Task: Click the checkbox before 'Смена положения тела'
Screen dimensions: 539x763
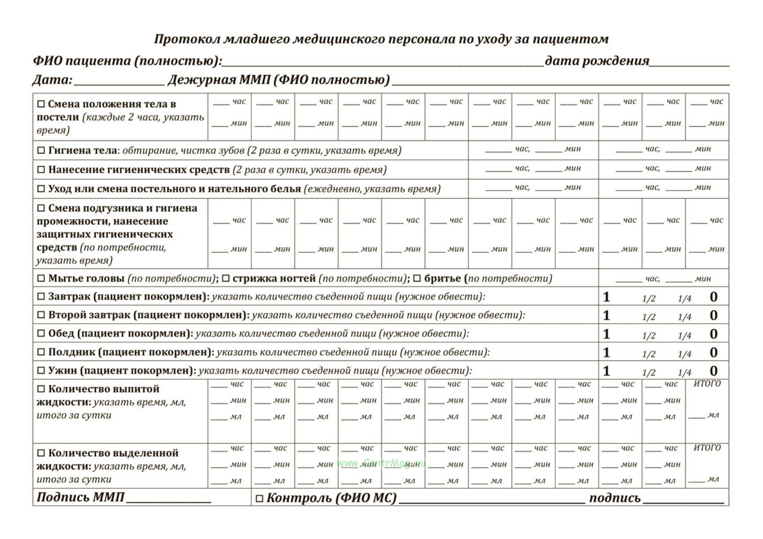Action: coord(41,104)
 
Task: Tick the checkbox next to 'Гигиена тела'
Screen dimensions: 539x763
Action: coord(41,151)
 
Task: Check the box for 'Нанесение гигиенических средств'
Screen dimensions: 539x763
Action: coord(41,170)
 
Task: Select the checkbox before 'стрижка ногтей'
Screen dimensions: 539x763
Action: coord(226,279)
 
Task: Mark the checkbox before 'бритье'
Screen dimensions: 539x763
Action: coord(417,279)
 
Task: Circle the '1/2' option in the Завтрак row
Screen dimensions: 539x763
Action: coord(648,298)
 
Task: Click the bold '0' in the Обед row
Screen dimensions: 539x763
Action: coord(714,334)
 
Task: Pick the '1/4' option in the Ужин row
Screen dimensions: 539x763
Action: coord(684,372)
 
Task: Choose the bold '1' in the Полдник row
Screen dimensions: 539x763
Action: coord(607,352)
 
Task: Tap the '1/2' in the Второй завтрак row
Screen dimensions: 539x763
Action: coord(648,317)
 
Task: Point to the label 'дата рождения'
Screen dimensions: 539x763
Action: coord(597,61)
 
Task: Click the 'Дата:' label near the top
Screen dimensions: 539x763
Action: coord(52,80)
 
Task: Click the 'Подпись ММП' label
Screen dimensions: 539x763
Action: coord(80,497)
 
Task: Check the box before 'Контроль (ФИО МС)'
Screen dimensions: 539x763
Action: coord(259,498)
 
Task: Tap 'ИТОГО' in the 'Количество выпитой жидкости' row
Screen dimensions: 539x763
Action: coord(707,384)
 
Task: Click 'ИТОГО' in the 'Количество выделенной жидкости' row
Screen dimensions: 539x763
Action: coord(707,448)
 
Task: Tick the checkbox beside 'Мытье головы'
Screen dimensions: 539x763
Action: coord(41,279)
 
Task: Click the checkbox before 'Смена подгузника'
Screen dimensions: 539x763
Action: coord(41,208)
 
